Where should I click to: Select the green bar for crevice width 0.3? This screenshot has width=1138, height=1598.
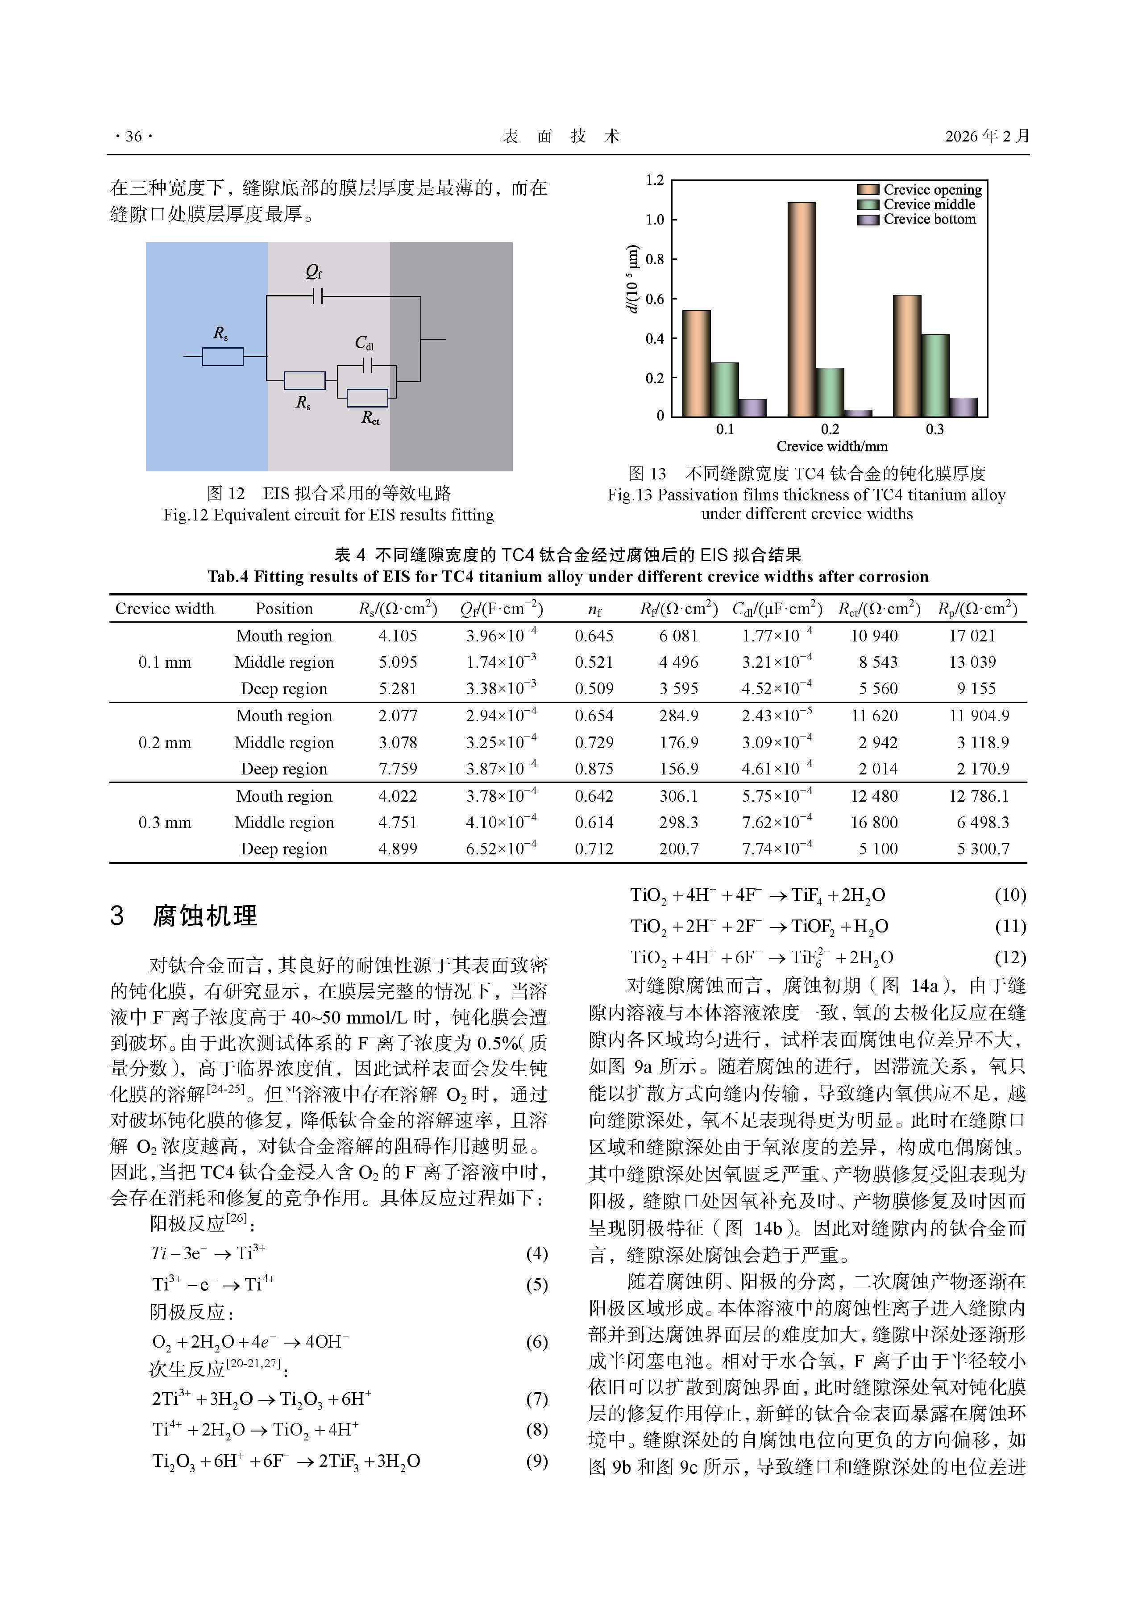click(x=935, y=376)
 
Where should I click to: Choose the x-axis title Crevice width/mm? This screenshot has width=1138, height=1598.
click(x=832, y=446)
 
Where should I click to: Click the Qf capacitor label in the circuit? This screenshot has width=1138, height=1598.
click(x=314, y=271)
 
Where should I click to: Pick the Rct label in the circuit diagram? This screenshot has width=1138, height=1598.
click(x=370, y=418)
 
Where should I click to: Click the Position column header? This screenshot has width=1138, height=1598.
click(x=284, y=608)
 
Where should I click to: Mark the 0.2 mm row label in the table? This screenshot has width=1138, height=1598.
click(x=165, y=742)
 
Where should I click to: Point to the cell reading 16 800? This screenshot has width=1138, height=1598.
click(x=874, y=822)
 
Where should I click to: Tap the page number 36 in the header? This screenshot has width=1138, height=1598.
click(x=133, y=137)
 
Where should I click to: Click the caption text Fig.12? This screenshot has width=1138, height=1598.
click(x=186, y=515)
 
